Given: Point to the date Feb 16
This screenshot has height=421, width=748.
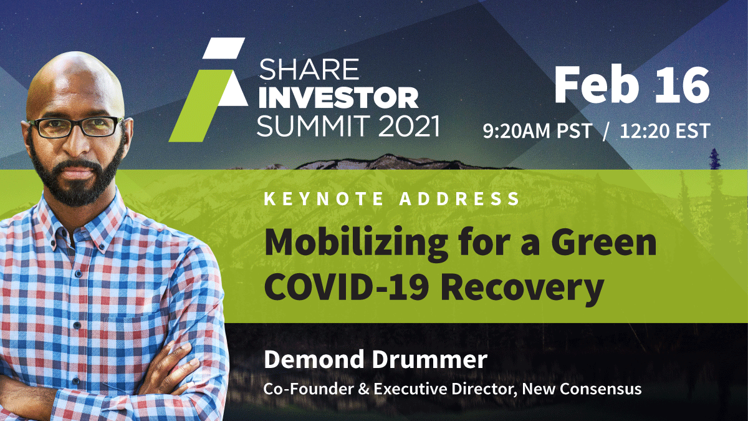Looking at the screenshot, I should click(x=631, y=85).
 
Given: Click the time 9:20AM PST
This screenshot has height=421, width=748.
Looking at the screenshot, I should click(x=537, y=131).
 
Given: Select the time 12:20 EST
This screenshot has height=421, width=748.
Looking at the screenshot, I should click(x=662, y=131).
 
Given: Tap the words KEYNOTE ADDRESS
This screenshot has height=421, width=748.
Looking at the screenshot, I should click(x=392, y=200).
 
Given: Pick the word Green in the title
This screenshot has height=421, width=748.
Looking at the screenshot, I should click(x=606, y=244).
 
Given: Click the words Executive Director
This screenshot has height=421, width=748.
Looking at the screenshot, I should click(x=449, y=389).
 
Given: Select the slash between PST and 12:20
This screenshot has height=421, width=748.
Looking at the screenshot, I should click(x=605, y=131).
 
